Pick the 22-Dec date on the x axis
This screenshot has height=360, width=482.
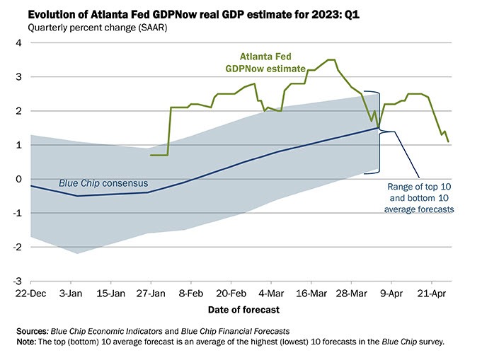(x=30, y=292)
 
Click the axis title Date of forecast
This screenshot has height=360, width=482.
(x=243, y=309)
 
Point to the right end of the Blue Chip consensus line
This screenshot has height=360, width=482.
(x=379, y=128)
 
